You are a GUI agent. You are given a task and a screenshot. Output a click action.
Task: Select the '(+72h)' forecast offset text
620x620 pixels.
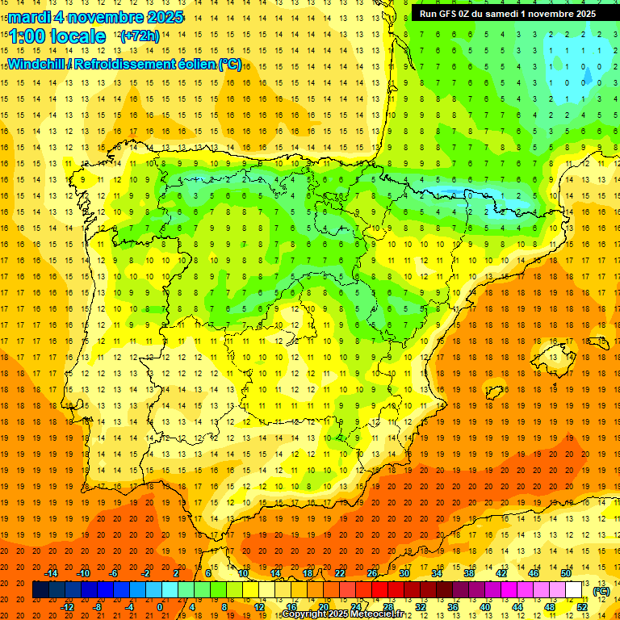(139, 36)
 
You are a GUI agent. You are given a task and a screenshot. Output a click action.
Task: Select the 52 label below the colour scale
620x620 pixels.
(582, 606)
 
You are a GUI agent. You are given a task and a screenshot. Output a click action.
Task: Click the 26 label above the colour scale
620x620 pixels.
(372, 573)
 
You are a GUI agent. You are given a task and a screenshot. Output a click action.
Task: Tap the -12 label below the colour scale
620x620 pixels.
(67, 606)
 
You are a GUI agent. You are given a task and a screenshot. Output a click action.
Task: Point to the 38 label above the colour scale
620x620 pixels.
(469, 573)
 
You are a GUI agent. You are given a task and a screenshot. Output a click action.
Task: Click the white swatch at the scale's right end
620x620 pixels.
(573, 590)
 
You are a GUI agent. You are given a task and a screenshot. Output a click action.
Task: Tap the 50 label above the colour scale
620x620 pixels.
(566, 573)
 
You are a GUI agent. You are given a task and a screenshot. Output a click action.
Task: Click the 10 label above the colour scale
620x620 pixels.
(243, 573)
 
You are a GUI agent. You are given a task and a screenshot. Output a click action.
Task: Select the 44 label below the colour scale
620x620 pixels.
(517, 606)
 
